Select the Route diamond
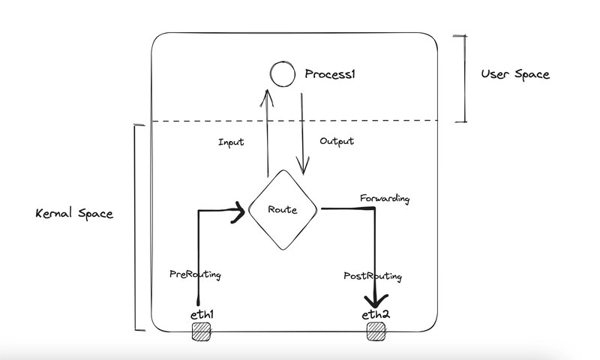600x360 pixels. (283, 209)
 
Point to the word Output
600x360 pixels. (337, 141)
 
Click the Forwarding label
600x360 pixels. (385, 199)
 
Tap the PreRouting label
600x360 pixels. (196, 275)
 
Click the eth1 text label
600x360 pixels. (202, 314)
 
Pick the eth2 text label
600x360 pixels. (376, 314)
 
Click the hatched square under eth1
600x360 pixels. (202, 333)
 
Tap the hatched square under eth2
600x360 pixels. (376, 333)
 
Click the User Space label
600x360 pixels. (515, 74)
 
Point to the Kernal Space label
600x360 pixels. (74, 214)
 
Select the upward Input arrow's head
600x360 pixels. (266, 94)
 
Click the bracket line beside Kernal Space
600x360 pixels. (135, 225)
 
